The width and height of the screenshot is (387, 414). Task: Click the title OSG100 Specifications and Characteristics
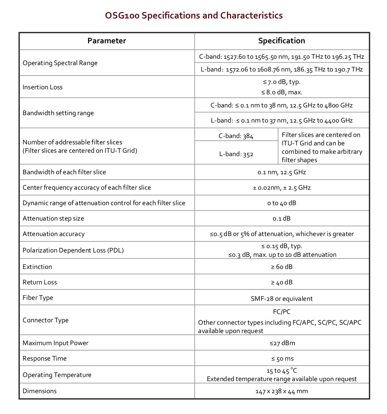(x=194, y=15)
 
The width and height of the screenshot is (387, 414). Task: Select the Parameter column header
(x=107, y=41)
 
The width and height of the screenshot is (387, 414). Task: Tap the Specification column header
(x=281, y=41)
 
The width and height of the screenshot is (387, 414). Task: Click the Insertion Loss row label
(x=43, y=87)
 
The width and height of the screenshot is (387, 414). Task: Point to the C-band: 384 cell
(x=236, y=136)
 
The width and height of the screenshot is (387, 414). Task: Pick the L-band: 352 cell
(x=236, y=154)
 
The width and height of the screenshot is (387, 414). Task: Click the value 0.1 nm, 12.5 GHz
(x=281, y=172)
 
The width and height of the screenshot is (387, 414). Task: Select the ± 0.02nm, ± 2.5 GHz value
(x=281, y=188)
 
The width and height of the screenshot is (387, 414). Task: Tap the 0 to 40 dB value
(x=281, y=203)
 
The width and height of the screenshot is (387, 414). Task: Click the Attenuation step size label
(x=53, y=219)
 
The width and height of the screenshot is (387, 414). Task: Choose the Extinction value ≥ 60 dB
(x=281, y=267)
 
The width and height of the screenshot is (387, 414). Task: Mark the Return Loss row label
(x=40, y=282)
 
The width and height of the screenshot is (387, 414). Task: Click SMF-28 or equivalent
(x=281, y=298)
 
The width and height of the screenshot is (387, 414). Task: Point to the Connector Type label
(x=45, y=320)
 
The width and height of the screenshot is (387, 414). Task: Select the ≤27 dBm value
(x=282, y=343)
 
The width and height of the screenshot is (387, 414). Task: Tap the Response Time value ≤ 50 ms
(x=281, y=359)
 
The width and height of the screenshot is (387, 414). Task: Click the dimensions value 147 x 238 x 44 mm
(x=281, y=391)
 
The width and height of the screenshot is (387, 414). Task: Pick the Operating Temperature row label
(x=57, y=375)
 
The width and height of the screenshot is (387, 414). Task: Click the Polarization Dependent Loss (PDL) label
(x=73, y=250)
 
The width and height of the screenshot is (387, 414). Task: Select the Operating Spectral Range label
(x=60, y=63)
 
